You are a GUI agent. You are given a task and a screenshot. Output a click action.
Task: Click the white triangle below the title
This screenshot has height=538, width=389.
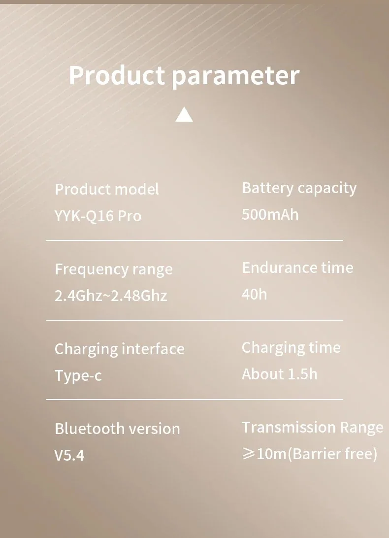[184, 114]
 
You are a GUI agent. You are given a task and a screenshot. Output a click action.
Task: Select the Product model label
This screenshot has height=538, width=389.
[107, 189]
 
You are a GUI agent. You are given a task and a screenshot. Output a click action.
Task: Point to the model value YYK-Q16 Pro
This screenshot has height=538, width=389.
[98, 216]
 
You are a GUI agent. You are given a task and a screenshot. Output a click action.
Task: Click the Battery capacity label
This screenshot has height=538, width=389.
[299, 189]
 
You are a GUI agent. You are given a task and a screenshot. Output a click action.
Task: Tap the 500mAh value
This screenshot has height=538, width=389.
[270, 214]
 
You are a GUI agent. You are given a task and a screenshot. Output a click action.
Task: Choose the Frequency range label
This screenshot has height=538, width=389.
[114, 270]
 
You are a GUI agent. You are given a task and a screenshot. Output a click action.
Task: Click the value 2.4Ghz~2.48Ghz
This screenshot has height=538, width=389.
[111, 296]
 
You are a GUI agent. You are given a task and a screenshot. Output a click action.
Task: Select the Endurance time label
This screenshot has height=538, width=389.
[297, 268]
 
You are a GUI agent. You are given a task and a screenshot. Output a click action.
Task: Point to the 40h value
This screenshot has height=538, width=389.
[254, 294]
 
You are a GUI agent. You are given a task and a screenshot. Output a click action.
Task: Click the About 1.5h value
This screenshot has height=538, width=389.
[280, 374]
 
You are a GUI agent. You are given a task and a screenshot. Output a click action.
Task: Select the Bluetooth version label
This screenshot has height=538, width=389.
[117, 429]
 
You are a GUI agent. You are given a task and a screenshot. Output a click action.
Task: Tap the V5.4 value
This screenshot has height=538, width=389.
[69, 455]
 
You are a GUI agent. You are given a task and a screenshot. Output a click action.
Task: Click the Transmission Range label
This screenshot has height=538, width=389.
[313, 428]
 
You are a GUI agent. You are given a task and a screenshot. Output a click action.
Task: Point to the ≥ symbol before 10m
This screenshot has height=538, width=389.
[249, 454]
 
